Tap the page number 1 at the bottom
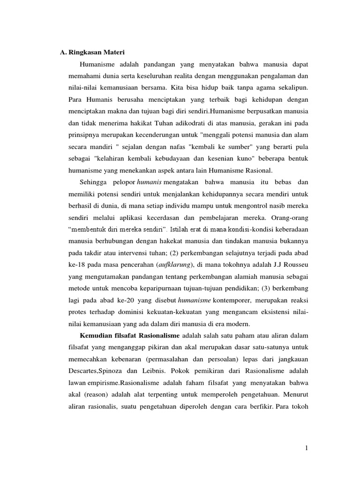[306, 449]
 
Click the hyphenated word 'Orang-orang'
[289, 218]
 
